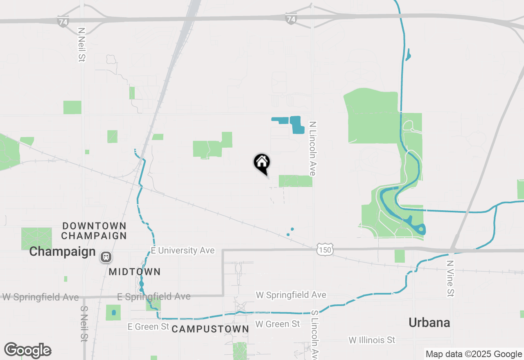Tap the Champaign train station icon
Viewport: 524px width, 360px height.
tap(106, 257)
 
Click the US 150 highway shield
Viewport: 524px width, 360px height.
tap(325, 250)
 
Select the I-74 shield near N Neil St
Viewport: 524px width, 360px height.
tap(63, 22)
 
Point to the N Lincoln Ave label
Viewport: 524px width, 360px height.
tap(313, 148)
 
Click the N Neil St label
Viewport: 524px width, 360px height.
tap(81, 45)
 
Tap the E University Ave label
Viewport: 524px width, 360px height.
tap(183, 250)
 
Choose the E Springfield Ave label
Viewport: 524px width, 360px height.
tap(154, 297)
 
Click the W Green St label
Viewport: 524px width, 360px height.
tap(278, 324)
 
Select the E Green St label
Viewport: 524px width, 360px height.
tap(148, 326)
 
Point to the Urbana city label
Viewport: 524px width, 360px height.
tap(429, 322)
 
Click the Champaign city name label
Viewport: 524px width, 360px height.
tap(62, 252)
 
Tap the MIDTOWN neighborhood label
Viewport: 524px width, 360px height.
tap(135, 272)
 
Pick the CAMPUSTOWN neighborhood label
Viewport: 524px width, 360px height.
tap(210, 329)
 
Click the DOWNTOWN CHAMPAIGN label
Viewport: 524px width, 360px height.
tap(94, 231)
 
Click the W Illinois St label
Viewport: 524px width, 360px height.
tap(372, 340)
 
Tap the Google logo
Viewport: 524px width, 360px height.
tap(27, 350)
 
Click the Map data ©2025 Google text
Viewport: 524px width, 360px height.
tap(474, 354)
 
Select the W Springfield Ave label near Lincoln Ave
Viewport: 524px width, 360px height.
tap(291, 295)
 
